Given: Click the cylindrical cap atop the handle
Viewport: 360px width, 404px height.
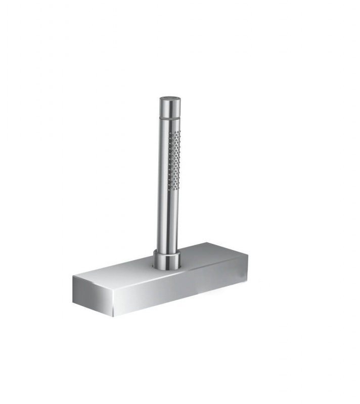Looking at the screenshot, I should (x=170, y=107).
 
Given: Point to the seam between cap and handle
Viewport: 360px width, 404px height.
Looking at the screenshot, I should (x=170, y=117).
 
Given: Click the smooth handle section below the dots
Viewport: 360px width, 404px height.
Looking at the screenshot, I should (x=167, y=222).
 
